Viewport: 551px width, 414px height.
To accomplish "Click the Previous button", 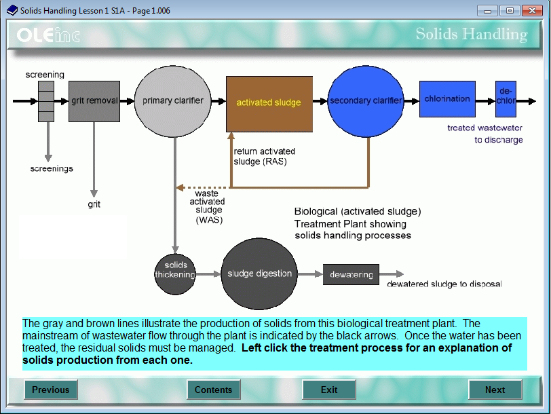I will (x=51, y=390).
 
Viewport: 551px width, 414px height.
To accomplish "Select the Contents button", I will (x=214, y=390).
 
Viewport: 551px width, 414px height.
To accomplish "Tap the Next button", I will (x=495, y=390).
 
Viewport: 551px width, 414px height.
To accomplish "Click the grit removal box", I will (x=94, y=101).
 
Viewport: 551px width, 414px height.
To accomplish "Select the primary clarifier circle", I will (x=172, y=101).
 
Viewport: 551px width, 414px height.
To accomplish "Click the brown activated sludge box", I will (x=269, y=103).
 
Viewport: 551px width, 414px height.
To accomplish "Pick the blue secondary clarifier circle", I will (x=365, y=101).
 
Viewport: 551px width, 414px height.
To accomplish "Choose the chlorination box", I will (x=447, y=99).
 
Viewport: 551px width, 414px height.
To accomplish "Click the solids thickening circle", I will (x=175, y=270).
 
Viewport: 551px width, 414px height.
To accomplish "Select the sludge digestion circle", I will (x=259, y=274).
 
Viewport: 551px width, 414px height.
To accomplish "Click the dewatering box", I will (x=351, y=275).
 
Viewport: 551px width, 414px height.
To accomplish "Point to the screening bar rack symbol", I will (x=46, y=101).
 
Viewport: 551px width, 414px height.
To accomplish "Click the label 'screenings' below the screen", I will (x=52, y=168).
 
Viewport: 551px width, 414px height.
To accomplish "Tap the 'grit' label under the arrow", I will (x=94, y=204).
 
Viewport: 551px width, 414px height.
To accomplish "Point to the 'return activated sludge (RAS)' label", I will (x=265, y=156).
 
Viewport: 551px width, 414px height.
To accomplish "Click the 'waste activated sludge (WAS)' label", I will (x=207, y=206).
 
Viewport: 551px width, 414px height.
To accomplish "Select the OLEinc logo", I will (x=48, y=35).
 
